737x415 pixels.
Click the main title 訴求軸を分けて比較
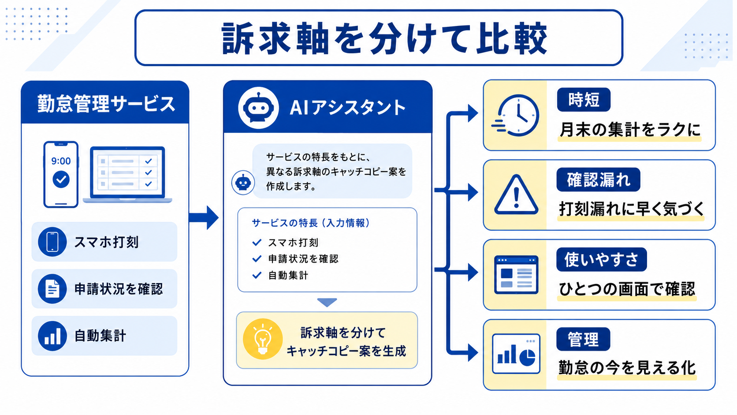(384, 38)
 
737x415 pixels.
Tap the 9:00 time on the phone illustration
(61, 161)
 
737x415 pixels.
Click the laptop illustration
(128, 175)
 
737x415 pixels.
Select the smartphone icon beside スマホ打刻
(52, 242)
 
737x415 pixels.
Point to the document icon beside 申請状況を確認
(52, 288)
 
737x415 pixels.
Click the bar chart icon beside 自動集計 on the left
(52, 336)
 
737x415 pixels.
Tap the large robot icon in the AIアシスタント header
(258, 108)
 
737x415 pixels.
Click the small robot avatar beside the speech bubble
(243, 183)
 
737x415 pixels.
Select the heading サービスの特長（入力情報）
(311, 223)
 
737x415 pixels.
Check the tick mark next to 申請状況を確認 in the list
(257, 259)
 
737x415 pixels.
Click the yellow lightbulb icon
(263, 339)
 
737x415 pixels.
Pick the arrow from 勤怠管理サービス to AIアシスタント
(204, 217)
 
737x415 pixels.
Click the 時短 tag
(584, 100)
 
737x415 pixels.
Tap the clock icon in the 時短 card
(516, 116)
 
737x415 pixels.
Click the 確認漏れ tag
(599, 179)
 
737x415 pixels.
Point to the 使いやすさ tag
(602, 260)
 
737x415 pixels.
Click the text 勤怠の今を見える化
(627, 368)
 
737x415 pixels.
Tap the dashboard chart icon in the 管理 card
(516, 354)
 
